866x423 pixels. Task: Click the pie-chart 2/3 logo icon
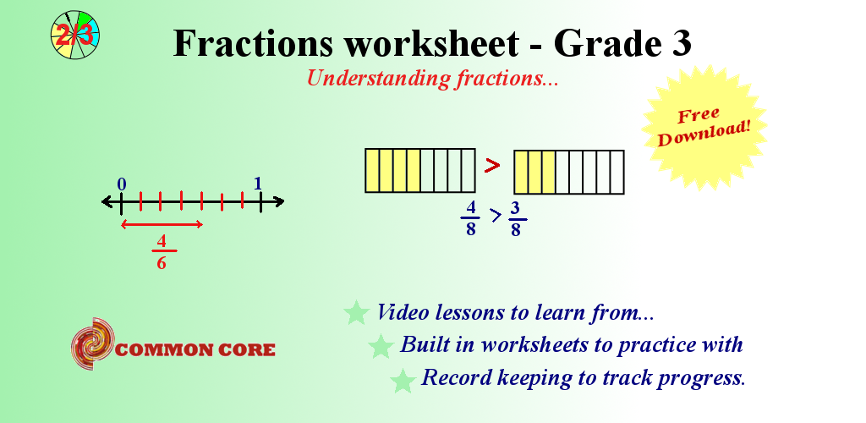click(75, 34)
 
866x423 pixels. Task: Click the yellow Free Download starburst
click(704, 128)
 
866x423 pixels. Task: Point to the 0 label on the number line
click(122, 184)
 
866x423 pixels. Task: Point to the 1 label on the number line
click(257, 184)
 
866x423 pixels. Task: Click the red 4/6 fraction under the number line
click(162, 252)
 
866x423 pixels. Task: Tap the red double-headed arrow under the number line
click(162, 224)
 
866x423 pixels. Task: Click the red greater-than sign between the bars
click(492, 165)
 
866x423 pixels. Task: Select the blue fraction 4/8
click(470, 218)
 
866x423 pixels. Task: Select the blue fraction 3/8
click(515, 219)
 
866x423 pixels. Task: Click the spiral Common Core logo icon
click(93, 343)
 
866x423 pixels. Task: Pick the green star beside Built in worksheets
click(381, 346)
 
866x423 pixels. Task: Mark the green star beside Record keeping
click(403, 380)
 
